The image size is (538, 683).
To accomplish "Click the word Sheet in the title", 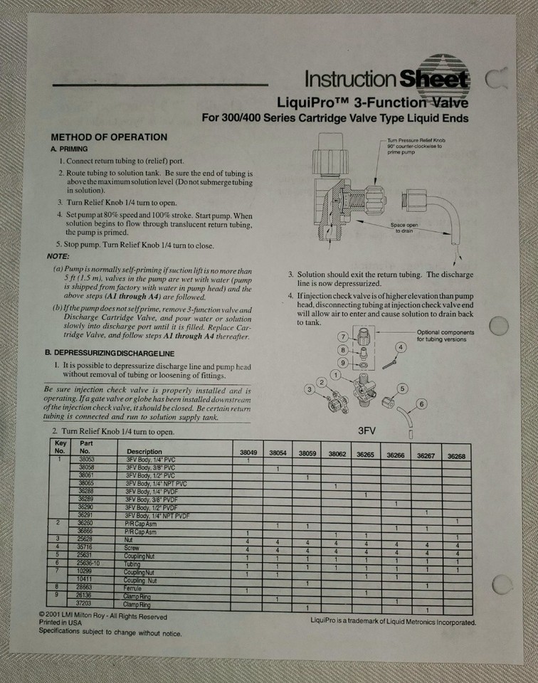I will pyautogui.click(x=433, y=79).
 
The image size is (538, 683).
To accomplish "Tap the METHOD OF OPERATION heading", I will pyautogui.click(x=109, y=137).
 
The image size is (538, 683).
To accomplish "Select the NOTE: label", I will pyautogui.click(x=58, y=256).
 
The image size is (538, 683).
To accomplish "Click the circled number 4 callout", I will pyautogui.click(x=401, y=347).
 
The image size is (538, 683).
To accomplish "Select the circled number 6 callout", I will pyautogui.click(x=421, y=404).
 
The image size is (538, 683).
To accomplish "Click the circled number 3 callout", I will pyautogui.click(x=310, y=389).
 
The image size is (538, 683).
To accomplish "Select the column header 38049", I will pyautogui.click(x=248, y=453).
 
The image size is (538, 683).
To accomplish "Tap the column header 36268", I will pyautogui.click(x=456, y=455).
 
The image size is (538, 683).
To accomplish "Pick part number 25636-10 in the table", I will pyautogui.click(x=89, y=563).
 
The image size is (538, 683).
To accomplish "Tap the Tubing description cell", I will pyautogui.click(x=133, y=564).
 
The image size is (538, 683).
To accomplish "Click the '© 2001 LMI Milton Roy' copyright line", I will pyautogui.click(x=102, y=617).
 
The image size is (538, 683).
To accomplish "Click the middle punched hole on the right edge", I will pyautogui.click(x=500, y=326).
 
